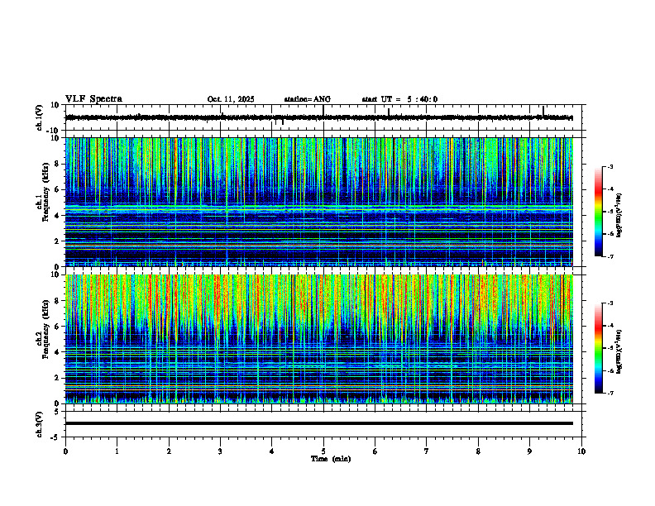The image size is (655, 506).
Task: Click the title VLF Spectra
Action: coord(93,99)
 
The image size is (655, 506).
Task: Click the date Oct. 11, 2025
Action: coord(231,99)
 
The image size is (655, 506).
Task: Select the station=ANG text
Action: coord(308,99)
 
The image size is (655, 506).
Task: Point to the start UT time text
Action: coord(399,99)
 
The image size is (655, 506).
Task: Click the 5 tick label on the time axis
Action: coord(323,451)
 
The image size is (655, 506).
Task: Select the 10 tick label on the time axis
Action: coord(581,451)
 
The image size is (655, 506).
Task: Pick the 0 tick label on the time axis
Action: coord(65,451)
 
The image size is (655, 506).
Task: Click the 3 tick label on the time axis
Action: coord(220,451)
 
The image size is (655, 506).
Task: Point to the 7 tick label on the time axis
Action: coord(427,451)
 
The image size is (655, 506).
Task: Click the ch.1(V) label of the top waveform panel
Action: coord(39,117)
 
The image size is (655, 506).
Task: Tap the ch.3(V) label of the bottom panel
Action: coord(39,423)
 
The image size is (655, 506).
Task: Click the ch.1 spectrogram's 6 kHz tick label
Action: coord(58,190)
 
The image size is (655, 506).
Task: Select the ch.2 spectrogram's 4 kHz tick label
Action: coord(58,352)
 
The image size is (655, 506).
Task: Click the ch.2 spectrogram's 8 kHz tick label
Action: coord(58,301)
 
